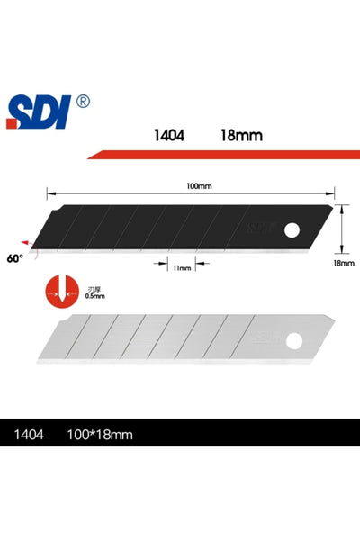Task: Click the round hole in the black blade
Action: click(291, 231)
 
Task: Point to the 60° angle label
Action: click(13, 258)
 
